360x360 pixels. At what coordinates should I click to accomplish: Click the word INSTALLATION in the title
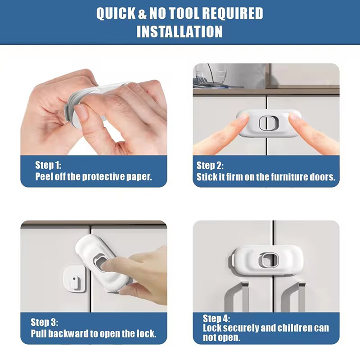pyautogui.click(x=180, y=31)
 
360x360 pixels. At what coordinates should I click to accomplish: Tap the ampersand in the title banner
pyautogui.click(x=142, y=13)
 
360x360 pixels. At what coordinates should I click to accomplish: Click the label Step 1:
pyautogui.click(x=48, y=165)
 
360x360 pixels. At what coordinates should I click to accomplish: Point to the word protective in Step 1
pyautogui.click(x=103, y=177)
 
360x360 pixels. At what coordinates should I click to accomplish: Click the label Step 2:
pyautogui.click(x=210, y=166)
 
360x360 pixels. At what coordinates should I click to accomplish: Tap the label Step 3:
pyautogui.click(x=44, y=322)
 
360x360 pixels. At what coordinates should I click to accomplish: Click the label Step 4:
pyautogui.click(x=216, y=319)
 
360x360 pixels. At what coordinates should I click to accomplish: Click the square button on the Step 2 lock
pyautogui.click(x=269, y=122)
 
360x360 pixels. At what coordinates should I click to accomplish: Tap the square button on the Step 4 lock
pyautogui.click(x=269, y=260)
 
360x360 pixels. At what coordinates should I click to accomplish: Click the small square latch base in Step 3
pyautogui.click(x=74, y=279)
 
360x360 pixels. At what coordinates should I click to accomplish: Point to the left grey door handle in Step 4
pyautogui.click(x=237, y=297)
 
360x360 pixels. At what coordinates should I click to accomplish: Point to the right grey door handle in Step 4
pyautogui.click(x=293, y=297)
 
